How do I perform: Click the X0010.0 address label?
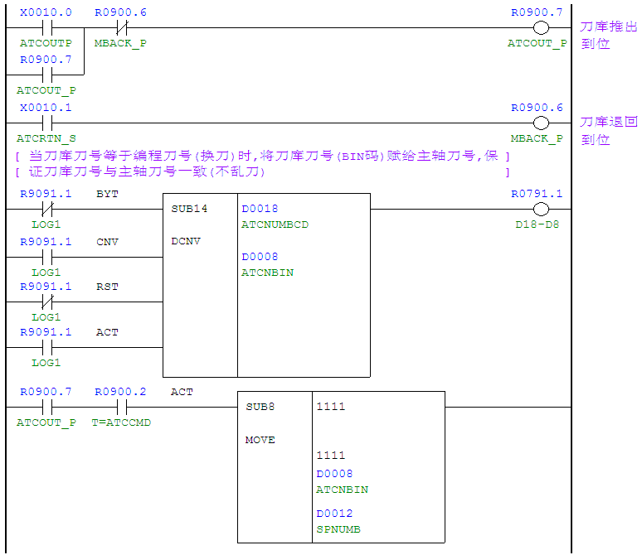(x=46, y=13)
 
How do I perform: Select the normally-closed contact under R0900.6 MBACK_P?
(x=120, y=27)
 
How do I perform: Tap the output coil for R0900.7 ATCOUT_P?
(x=542, y=27)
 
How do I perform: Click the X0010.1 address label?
(x=46, y=108)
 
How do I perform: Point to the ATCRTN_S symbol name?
(x=46, y=138)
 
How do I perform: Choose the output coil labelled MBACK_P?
(x=542, y=123)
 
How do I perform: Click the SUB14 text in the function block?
(x=189, y=209)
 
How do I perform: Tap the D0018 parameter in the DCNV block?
(x=260, y=209)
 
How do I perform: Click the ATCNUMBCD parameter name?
(x=275, y=224)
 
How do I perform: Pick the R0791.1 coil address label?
(x=537, y=194)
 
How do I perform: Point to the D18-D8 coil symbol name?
(x=537, y=224)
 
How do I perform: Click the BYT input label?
(x=107, y=194)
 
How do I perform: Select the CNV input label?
(x=107, y=242)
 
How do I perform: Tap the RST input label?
(x=107, y=287)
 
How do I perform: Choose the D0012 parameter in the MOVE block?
(x=334, y=514)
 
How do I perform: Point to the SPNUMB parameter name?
(x=338, y=529)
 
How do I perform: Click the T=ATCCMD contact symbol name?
(x=121, y=422)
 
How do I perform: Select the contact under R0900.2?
(x=120, y=407)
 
